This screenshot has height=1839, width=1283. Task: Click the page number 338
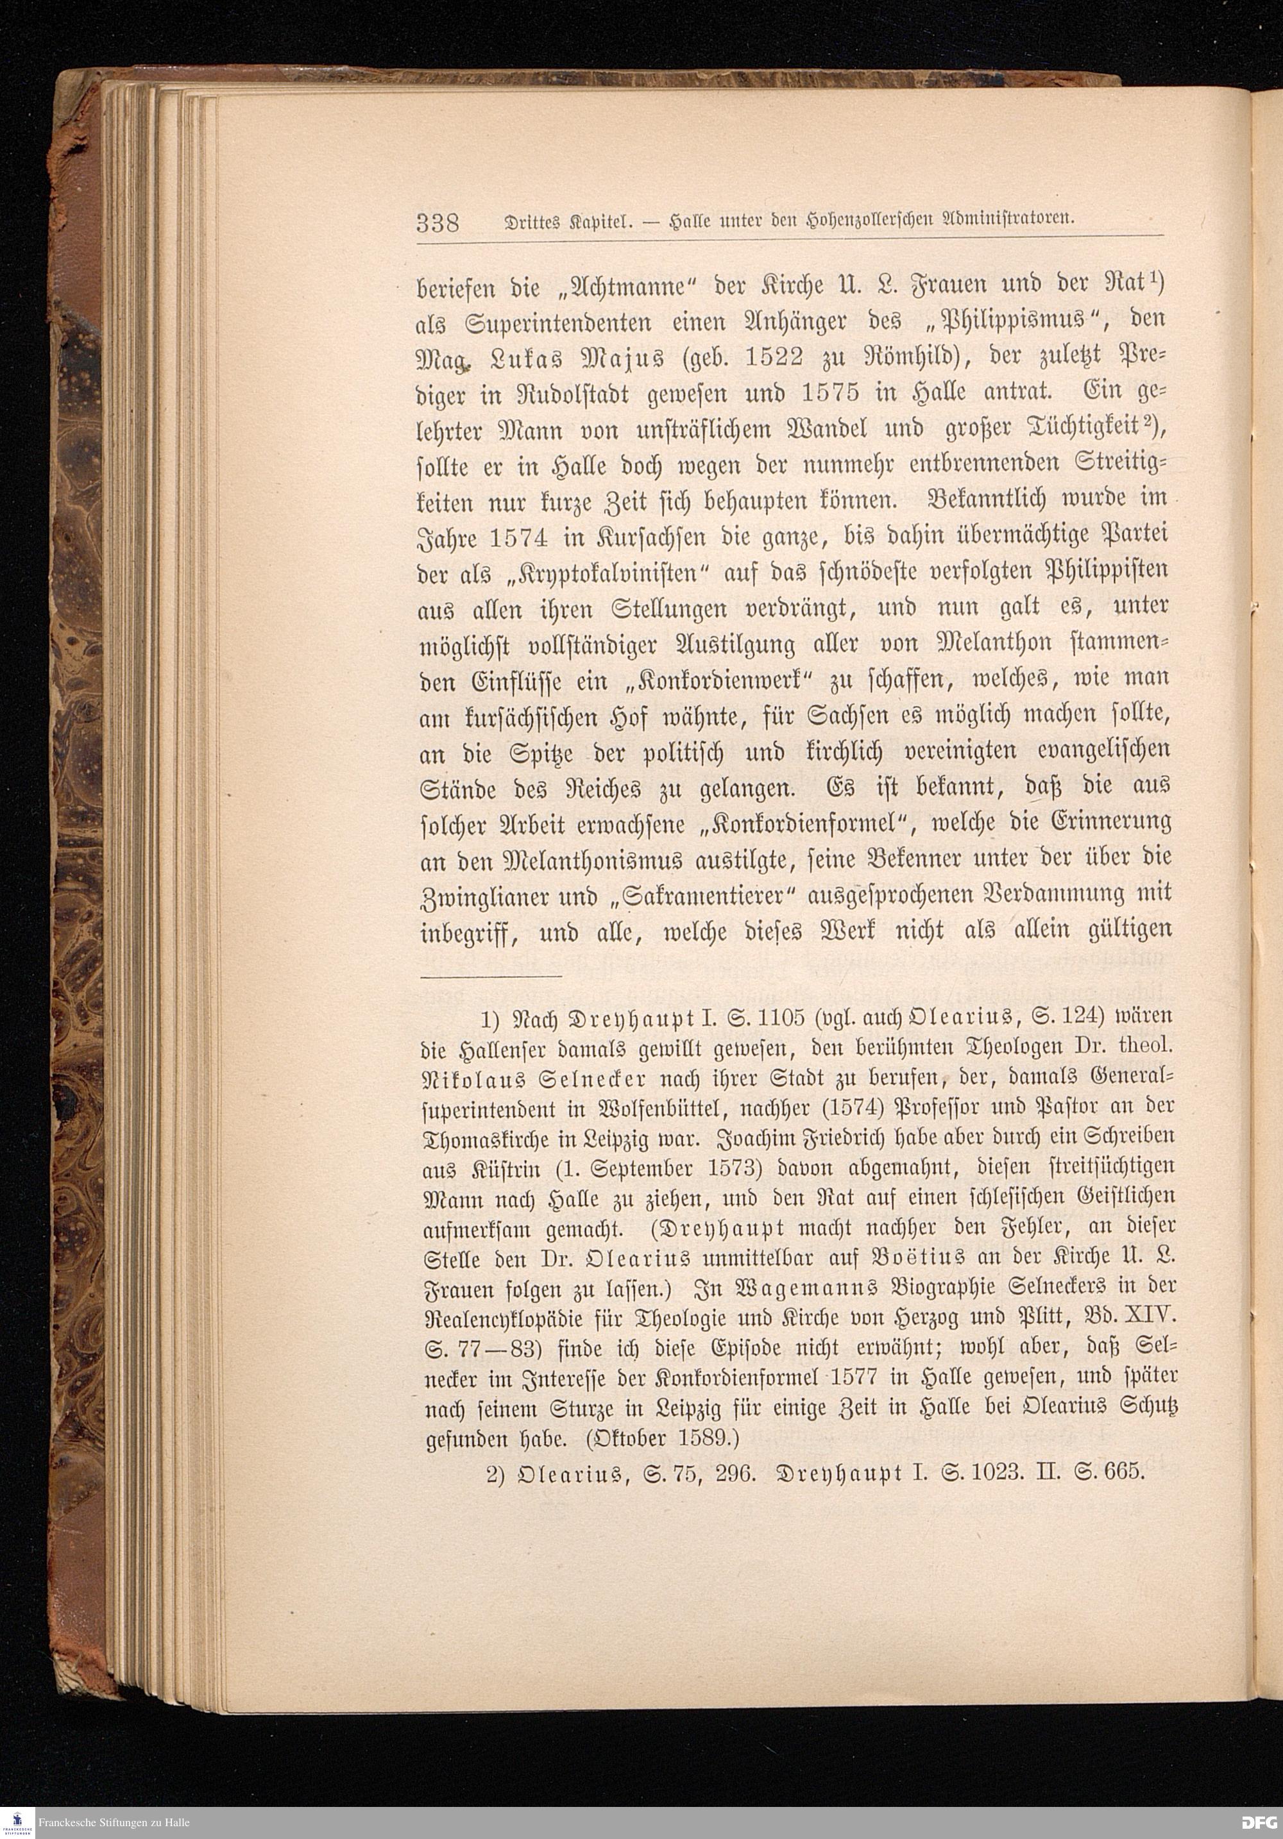click(x=437, y=221)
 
